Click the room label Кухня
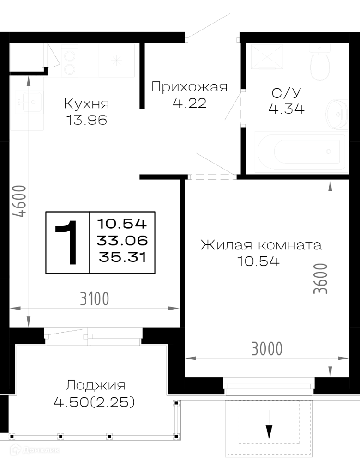click(86, 103)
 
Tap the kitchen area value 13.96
click(87, 120)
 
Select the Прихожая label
click(189, 87)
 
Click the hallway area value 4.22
click(190, 103)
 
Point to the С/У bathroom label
click(286, 93)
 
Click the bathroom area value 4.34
click(286, 109)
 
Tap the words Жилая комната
click(261, 245)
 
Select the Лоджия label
click(96, 385)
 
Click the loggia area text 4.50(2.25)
click(94, 402)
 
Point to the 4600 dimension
click(20, 201)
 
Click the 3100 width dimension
click(95, 299)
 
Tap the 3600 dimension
click(320, 279)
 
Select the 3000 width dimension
click(267, 349)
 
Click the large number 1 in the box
click(67, 243)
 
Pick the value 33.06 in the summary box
click(122, 240)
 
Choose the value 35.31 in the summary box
click(122, 257)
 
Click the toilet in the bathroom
click(320, 62)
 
